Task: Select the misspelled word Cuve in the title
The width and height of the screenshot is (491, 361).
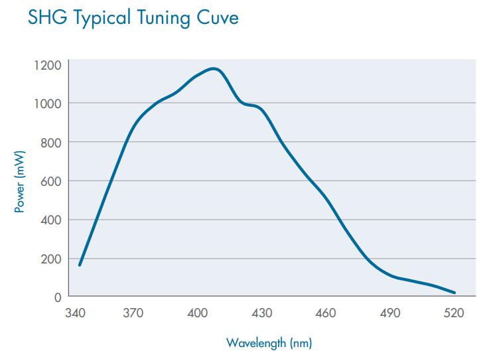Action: pyautogui.click(x=216, y=18)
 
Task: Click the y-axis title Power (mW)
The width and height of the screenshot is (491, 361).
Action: pyautogui.click(x=20, y=180)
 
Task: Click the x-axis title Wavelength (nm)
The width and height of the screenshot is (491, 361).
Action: pyautogui.click(x=269, y=343)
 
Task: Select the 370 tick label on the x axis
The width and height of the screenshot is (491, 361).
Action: pyautogui.click(x=133, y=313)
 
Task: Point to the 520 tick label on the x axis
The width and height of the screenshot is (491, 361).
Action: pyautogui.click(x=455, y=313)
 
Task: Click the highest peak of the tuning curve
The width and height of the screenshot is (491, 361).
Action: pyautogui.click(x=213, y=68)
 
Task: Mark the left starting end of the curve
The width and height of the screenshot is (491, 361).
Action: pyautogui.click(x=80, y=265)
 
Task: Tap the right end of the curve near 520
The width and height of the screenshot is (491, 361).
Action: pyautogui.click(x=455, y=293)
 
